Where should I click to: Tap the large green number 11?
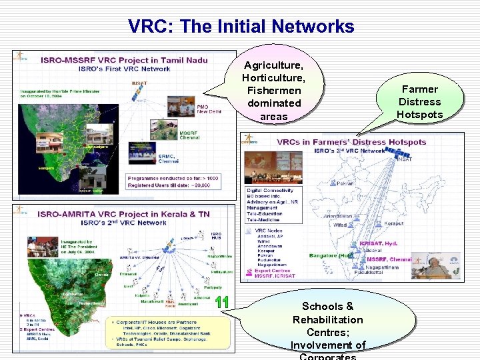coord(222,302)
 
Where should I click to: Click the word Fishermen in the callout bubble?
coord(273,91)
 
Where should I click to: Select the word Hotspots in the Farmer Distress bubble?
coord(419,114)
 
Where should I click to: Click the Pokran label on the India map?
coord(345,183)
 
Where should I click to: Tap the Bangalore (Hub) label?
coord(331,255)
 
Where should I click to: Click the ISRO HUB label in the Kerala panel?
coord(216,236)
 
